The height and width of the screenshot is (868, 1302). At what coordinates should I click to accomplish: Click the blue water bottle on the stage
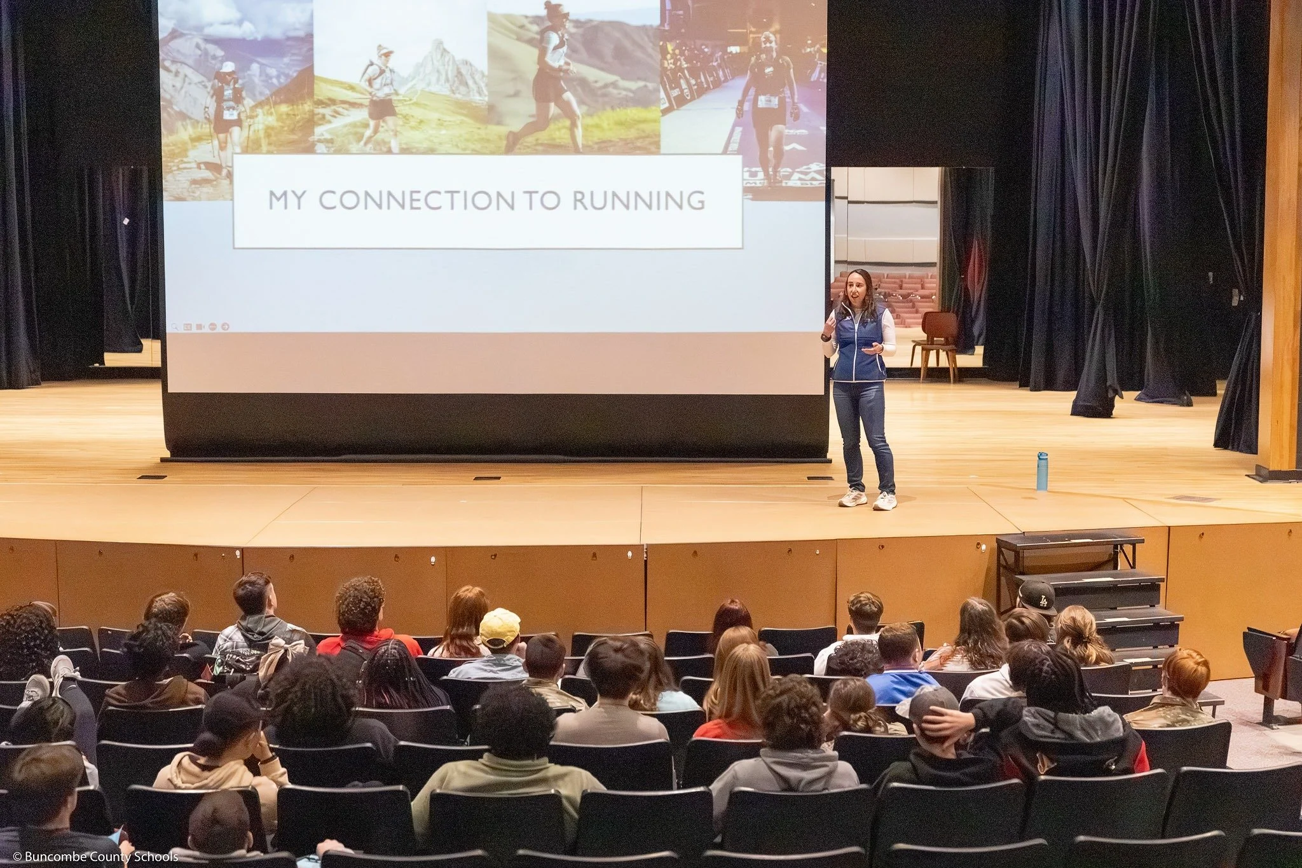1042,471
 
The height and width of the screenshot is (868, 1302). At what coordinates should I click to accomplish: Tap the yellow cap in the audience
499,627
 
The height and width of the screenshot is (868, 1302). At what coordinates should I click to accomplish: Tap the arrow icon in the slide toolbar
225,327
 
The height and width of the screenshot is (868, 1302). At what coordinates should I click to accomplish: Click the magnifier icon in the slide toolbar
174,327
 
